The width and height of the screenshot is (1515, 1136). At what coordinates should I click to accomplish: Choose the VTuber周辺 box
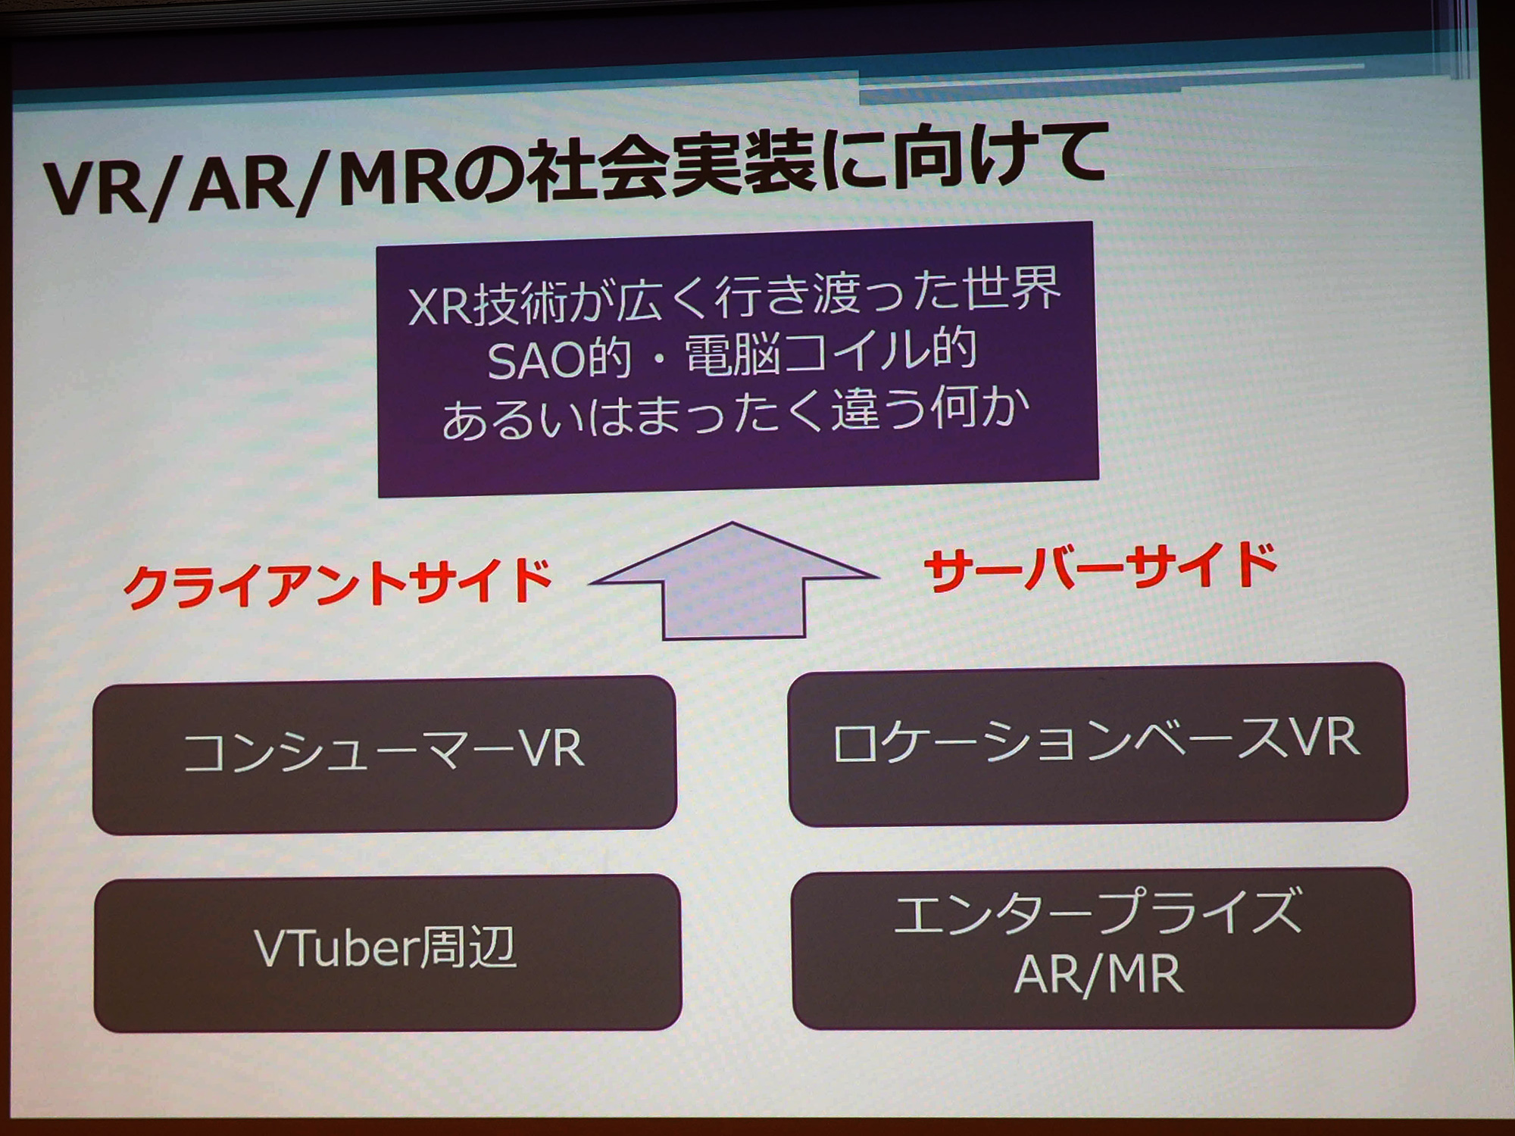click(x=387, y=953)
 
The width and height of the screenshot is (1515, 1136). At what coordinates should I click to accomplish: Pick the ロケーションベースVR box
click(x=1098, y=744)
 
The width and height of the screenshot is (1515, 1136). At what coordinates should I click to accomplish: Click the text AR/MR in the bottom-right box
click(x=1098, y=974)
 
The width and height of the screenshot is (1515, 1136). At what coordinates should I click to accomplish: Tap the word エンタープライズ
click(x=1098, y=912)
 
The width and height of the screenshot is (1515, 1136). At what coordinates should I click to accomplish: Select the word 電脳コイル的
click(x=830, y=353)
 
